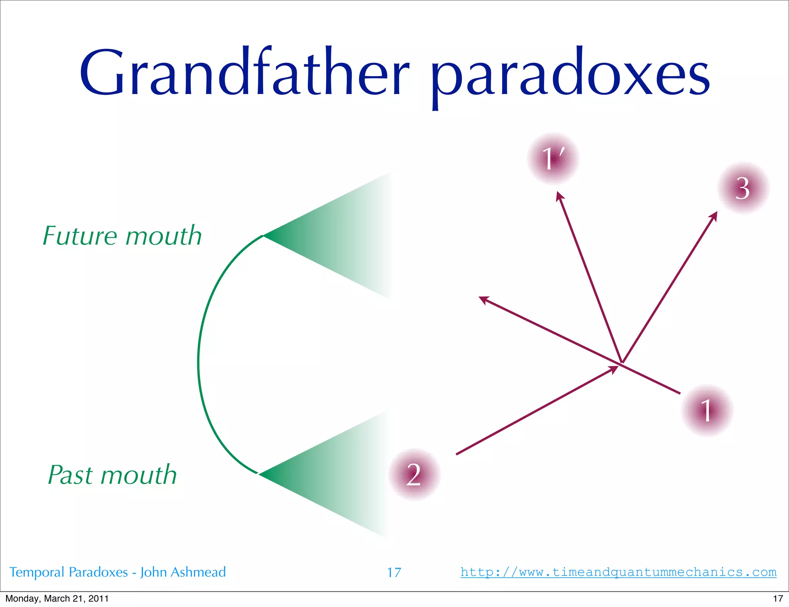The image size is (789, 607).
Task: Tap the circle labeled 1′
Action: [x=553, y=159]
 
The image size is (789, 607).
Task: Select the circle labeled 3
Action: [x=743, y=188]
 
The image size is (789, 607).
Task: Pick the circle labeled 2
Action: [x=414, y=475]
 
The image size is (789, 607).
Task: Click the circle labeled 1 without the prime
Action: [x=707, y=410]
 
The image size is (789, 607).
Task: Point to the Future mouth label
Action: [x=122, y=236]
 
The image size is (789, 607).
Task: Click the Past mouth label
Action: [x=112, y=475]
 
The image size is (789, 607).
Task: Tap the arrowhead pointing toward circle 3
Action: [x=714, y=216]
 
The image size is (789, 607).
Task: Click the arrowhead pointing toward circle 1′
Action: [x=559, y=196]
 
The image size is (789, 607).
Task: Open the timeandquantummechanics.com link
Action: [x=618, y=572]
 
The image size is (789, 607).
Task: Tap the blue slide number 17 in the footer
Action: [x=394, y=573]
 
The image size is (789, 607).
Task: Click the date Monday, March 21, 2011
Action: [x=57, y=599]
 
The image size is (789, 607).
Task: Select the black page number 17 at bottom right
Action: [x=778, y=599]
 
